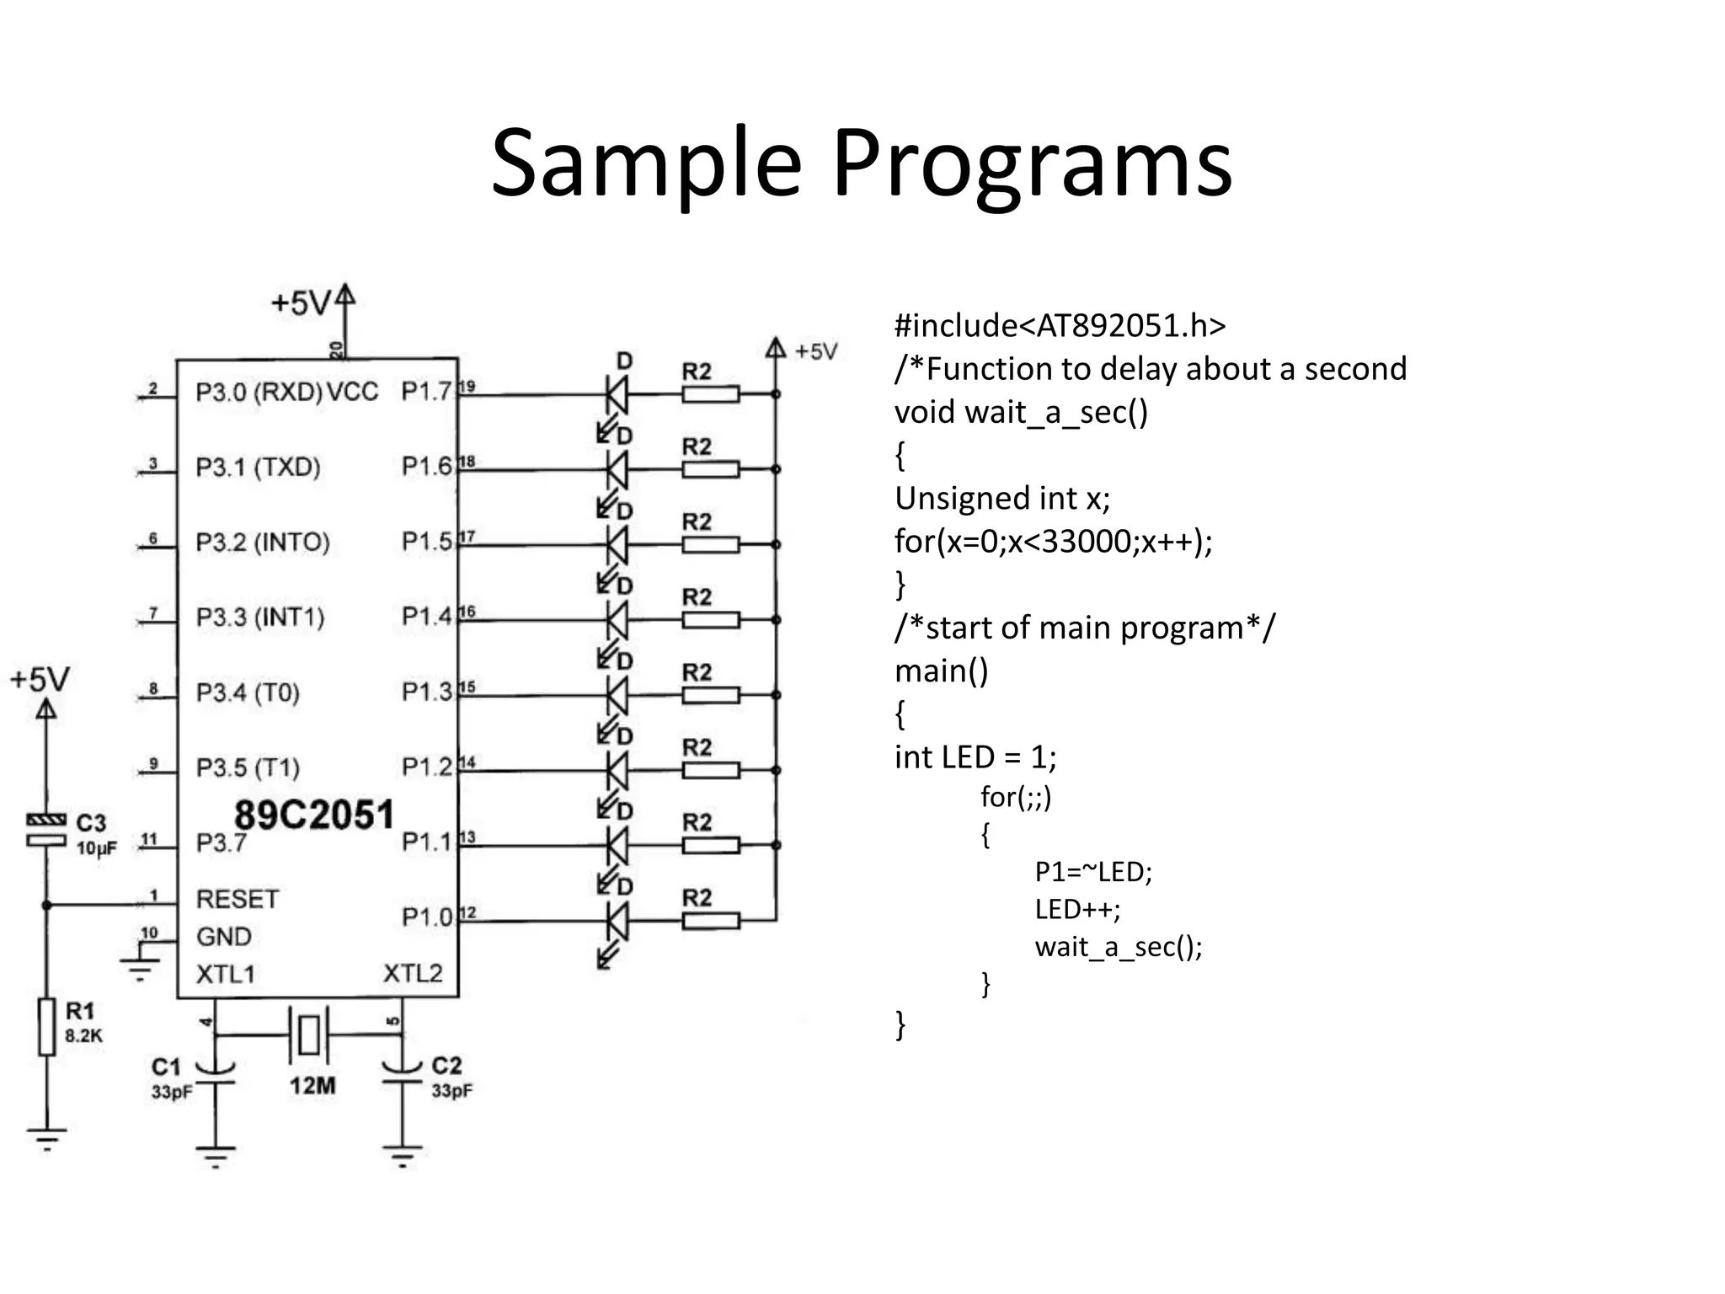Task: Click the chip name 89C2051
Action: [313, 815]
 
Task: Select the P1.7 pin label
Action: [427, 392]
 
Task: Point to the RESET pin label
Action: [237, 900]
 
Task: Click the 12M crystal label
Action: [312, 1086]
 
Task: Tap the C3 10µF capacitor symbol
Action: [45, 830]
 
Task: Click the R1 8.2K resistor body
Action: [47, 1026]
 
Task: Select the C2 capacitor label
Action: [446, 1067]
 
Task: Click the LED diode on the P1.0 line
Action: [617, 921]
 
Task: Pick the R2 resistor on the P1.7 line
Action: [710, 394]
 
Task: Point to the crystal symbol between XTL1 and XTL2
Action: [309, 1034]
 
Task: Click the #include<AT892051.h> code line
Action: [1060, 326]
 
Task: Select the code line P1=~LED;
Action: [1092, 872]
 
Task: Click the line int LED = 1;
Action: [975, 757]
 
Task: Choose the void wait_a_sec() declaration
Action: [1021, 413]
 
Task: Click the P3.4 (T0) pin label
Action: [248, 693]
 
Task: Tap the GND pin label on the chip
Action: [223, 937]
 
